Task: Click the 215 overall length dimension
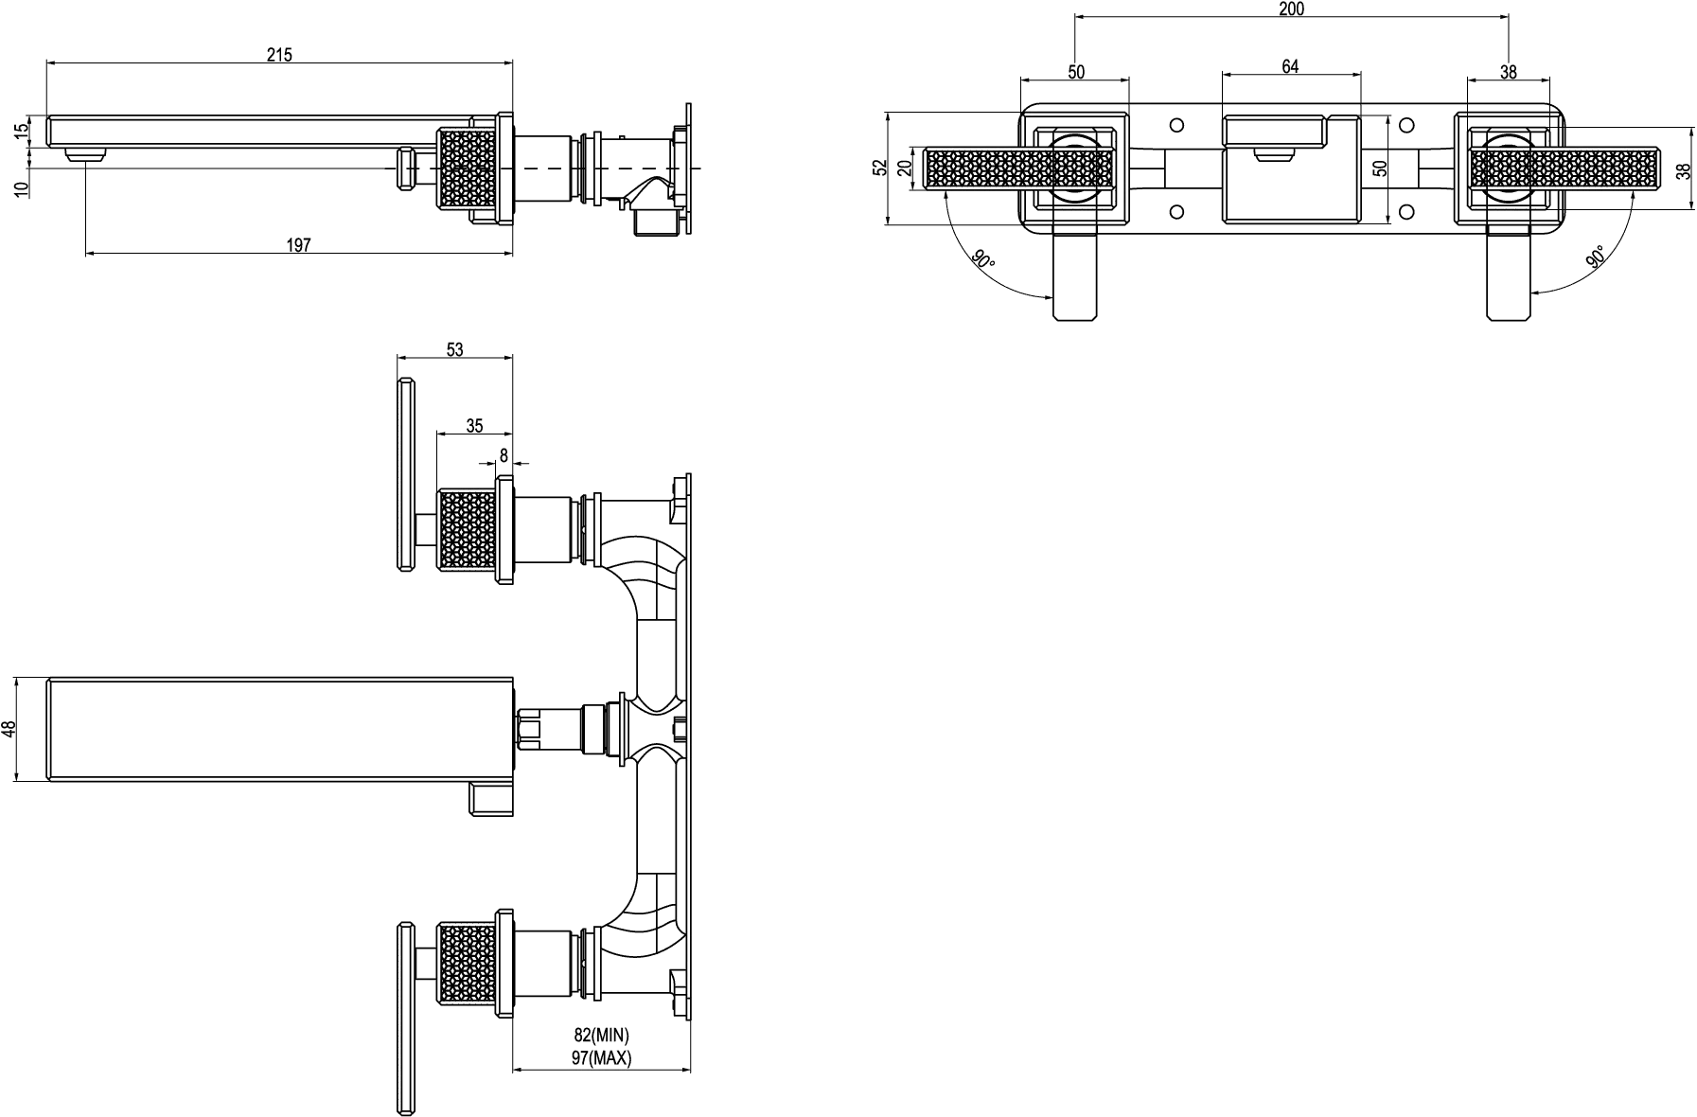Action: [279, 55]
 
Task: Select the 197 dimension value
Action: [299, 245]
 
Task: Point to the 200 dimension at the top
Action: [1291, 9]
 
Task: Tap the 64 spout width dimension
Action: [1290, 66]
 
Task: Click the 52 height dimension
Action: [880, 168]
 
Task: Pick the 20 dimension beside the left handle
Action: [905, 168]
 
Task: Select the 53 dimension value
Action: [454, 349]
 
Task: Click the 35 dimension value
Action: [475, 426]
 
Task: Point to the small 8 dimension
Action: [504, 455]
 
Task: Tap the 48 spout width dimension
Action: [9, 729]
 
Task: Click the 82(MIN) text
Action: [601, 1037]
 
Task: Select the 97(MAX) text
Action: [601, 1058]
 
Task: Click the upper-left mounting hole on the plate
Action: [1177, 125]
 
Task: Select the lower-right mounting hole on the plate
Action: [1406, 210]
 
